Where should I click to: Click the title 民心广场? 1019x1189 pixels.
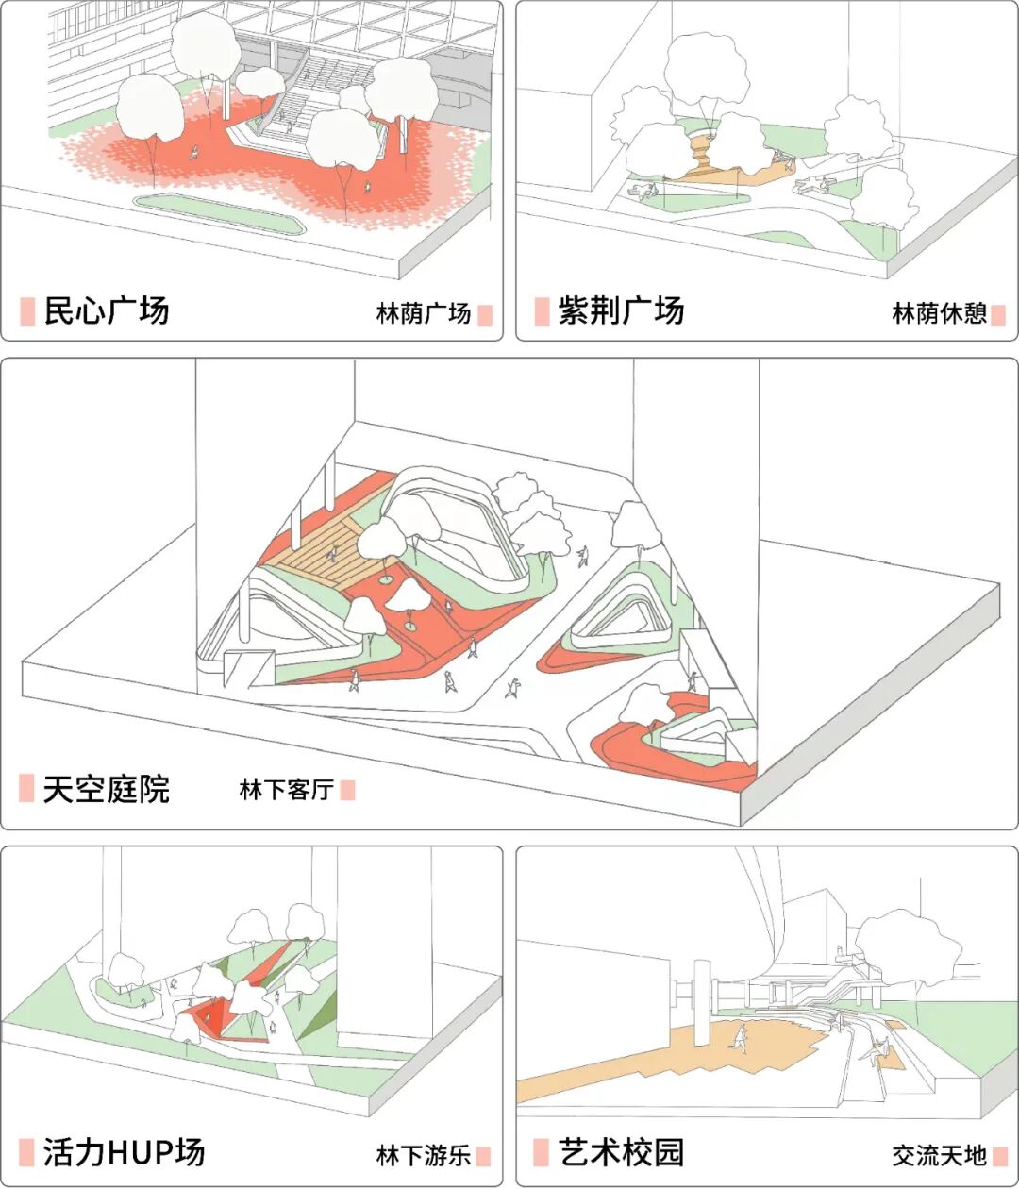coord(107,310)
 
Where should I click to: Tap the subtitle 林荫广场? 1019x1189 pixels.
coord(423,314)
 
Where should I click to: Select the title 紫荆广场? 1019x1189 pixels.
coord(621,310)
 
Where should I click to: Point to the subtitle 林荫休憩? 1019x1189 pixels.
coord(939,314)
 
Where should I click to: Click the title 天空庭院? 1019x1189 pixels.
coord(107,789)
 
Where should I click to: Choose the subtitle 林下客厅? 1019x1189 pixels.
coord(286,790)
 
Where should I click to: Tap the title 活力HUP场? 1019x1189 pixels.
coord(124,1152)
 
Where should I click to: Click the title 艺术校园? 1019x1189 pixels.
coord(621,1152)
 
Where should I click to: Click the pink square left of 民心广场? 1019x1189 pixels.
coord(27,310)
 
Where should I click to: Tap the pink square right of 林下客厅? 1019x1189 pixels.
coord(347,790)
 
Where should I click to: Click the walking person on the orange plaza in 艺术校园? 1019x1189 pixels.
coord(742,1038)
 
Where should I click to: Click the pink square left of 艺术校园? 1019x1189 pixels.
coord(541,1152)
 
